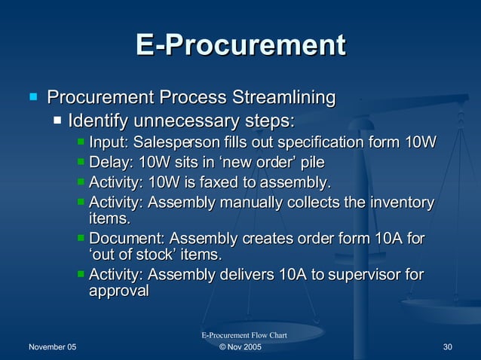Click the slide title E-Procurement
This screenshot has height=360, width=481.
tap(240, 45)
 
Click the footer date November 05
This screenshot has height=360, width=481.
tap(52, 346)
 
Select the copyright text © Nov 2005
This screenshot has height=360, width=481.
tap(240, 346)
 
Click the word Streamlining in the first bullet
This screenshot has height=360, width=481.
tap(283, 98)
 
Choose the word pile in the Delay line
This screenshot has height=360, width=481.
tap(312, 163)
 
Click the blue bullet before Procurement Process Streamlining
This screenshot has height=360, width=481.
tap(32, 97)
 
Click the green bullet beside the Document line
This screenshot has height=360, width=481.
tap(81, 239)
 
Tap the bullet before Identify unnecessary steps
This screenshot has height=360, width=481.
tap(57, 121)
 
